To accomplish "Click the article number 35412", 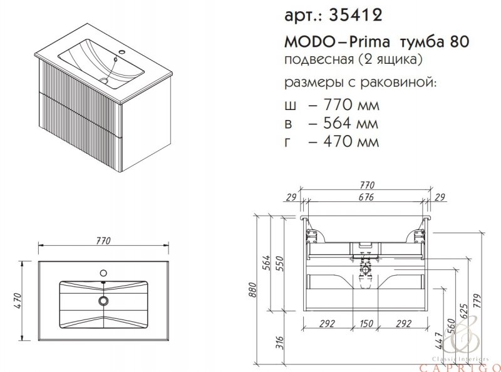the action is click(355, 14).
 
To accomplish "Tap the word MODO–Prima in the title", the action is click(337, 42).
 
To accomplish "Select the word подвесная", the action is click(319, 59).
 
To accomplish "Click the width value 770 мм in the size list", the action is click(351, 104).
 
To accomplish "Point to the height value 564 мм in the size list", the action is click(351, 123).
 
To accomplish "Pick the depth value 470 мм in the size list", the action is click(351, 141).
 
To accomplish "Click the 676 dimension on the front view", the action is click(366, 197).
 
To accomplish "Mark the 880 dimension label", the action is click(252, 289).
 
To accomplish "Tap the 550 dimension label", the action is click(279, 263).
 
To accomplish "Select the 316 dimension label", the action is click(279, 343).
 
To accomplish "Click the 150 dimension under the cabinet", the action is click(366, 323).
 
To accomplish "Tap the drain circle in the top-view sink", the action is click(103, 300).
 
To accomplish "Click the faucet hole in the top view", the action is click(103, 273).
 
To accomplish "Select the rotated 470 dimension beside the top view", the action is click(18, 301).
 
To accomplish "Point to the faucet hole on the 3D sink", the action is click(122, 52).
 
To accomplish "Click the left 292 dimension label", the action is click(328, 323).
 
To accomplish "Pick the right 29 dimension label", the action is click(440, 197).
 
